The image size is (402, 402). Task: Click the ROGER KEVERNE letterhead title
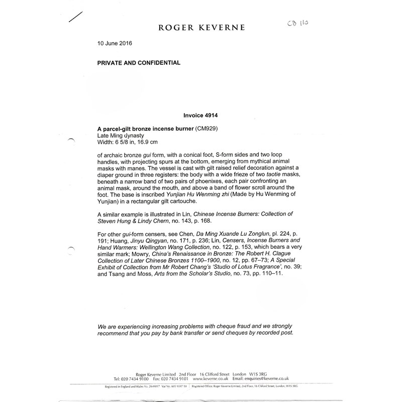point(203,28)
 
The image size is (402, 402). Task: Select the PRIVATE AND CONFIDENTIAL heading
point(139,63)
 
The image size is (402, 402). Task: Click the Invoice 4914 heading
point(200,115)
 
